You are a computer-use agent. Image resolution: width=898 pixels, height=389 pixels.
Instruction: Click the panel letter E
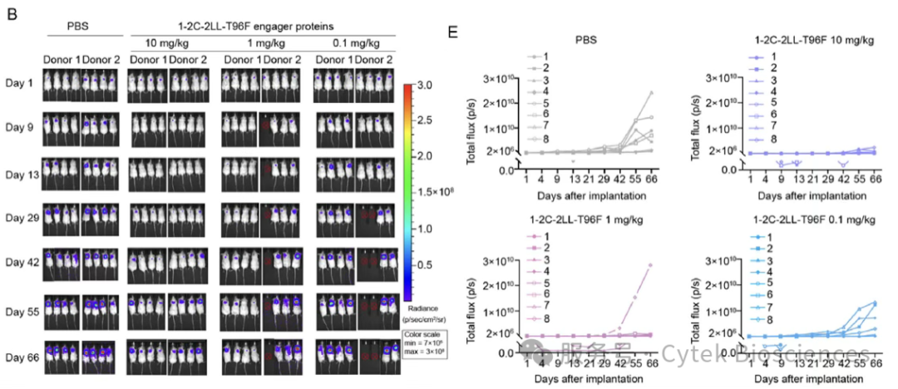point(453,33)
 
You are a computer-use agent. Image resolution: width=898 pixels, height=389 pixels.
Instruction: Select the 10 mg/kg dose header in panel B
point(166,42)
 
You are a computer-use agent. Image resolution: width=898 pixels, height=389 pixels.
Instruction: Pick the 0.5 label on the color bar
point(427,264)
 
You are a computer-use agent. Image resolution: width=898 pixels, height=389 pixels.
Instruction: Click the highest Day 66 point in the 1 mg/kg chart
point(649,265)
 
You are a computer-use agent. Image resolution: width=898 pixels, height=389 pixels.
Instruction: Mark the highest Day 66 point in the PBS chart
point(649,92)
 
